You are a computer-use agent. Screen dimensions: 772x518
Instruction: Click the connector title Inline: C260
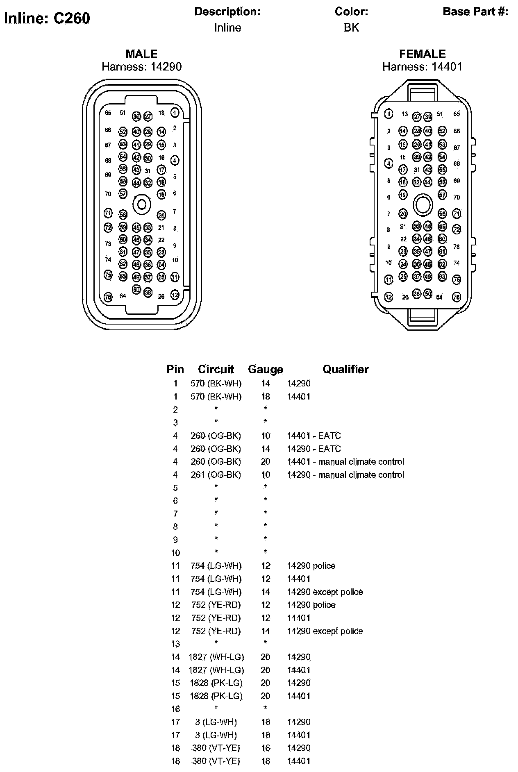pos(47,18)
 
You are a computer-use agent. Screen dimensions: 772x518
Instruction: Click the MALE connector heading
pos(141,54)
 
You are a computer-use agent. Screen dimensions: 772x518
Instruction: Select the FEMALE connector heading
pos(422,54)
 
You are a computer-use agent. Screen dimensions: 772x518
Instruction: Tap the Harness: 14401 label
pos(422,67)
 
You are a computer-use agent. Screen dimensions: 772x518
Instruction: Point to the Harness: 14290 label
pos(141,67)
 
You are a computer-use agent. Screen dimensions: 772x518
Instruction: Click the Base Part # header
pos(475,11)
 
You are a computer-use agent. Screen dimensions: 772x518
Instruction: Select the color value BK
pos(351,27)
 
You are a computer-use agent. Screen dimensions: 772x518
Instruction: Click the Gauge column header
pos(265,370)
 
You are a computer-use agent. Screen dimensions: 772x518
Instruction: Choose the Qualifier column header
pos(345,370)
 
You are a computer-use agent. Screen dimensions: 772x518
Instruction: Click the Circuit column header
pos(216,370)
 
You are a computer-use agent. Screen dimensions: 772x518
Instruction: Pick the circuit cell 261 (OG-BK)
pos(216,475)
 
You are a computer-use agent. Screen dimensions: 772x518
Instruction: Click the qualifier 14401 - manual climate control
pos(345,462)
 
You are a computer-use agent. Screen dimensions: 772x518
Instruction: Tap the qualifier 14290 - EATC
pos(314,449)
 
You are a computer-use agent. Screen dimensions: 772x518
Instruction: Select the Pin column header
pos(175,370)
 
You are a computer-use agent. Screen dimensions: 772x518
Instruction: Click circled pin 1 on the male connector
pos(175,112)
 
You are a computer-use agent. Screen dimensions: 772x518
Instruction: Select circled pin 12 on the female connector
pos(388,297)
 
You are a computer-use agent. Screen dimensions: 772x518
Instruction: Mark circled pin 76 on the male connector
pos(108,297)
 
